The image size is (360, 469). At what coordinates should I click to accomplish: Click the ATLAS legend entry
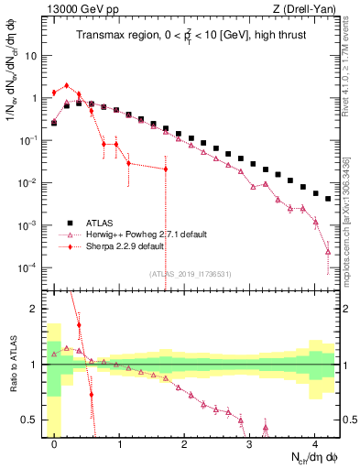click(102, 223)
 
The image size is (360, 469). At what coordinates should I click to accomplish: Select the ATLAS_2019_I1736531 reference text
click(191, 274)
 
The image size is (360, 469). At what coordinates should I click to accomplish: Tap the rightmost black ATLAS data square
click(328, 198)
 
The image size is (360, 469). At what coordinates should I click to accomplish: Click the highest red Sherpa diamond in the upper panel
click(66, 85)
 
